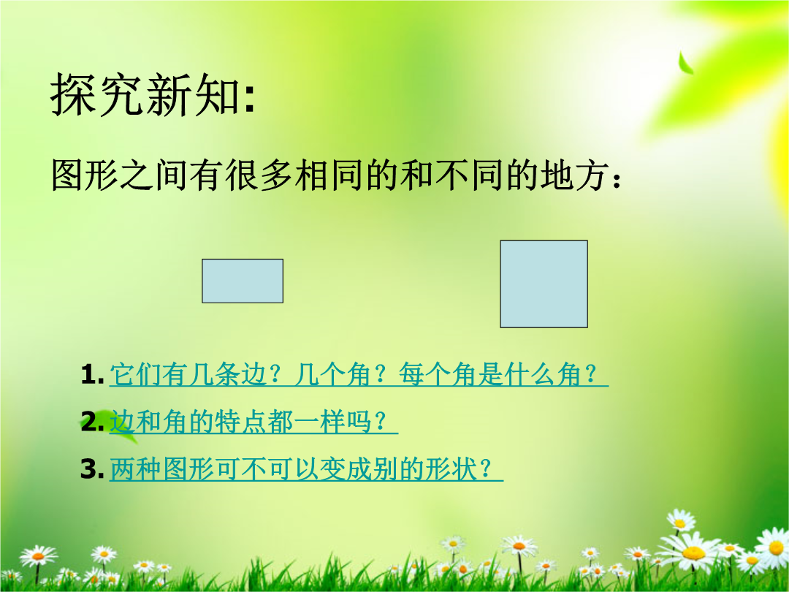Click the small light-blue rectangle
coord(243,281)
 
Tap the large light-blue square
coord(544,284)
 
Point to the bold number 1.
coord(91,375)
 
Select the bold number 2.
coord(92,422)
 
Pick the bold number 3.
coord(92,468)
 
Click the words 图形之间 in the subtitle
coord(121,175)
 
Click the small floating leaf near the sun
coord(685,63)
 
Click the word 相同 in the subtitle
coord(329,175)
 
